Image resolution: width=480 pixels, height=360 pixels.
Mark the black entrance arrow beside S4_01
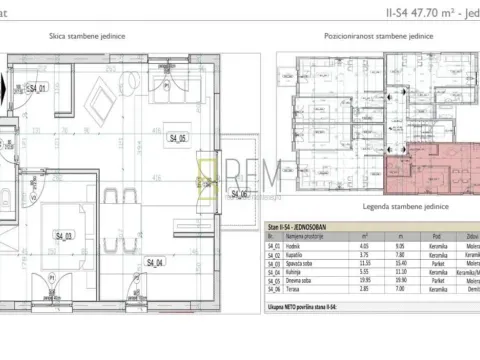coord(12,89)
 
